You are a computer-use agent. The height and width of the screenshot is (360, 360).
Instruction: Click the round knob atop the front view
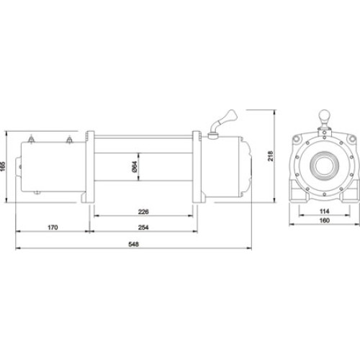click(x=324, y=114)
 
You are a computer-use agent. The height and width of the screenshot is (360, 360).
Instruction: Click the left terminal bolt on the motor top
click(x=31, y=139)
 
